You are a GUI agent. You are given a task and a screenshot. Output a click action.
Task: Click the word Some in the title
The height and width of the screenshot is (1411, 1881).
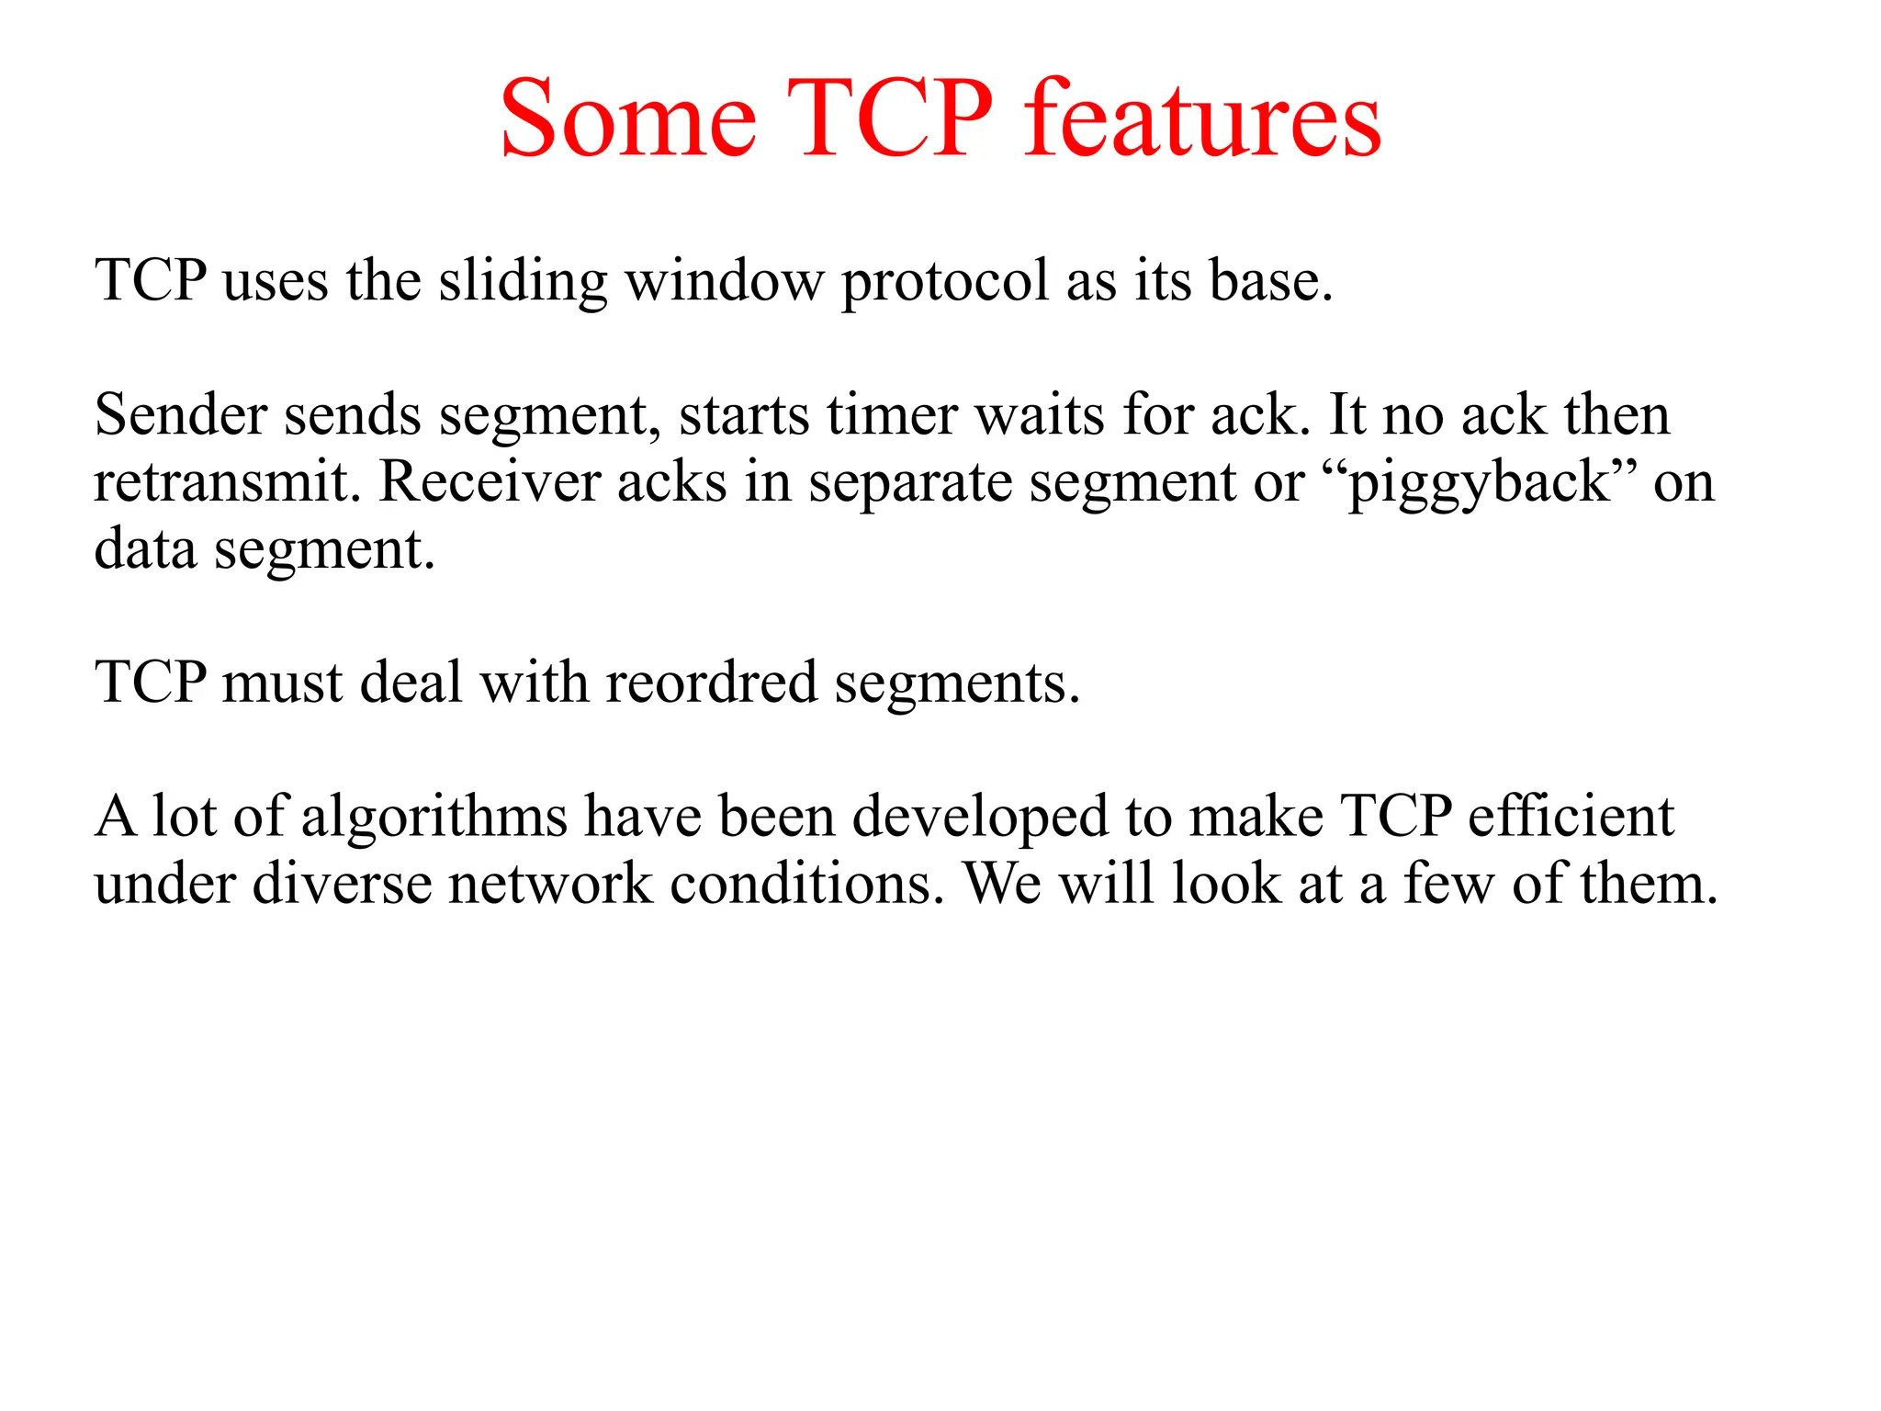628,119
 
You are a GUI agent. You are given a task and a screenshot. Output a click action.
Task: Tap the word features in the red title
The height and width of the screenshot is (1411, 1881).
1202,119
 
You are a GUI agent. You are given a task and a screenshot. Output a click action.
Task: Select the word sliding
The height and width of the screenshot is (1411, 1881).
523,281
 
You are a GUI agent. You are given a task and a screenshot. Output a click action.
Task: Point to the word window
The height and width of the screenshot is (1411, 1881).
725,281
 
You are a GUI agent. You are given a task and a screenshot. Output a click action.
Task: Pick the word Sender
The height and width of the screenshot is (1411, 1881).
180,415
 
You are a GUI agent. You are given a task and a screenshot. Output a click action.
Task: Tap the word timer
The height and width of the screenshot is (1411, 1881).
891,415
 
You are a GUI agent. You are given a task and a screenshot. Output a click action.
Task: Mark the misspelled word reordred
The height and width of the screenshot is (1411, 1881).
711,683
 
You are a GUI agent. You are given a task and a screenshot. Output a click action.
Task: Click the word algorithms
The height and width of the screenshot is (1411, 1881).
434,817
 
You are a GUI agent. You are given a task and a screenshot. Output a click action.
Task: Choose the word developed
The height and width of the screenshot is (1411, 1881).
980,817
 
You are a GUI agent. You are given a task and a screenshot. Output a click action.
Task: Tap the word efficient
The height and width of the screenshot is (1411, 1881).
1571,817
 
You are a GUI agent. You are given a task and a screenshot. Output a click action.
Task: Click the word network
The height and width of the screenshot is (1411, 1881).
550,884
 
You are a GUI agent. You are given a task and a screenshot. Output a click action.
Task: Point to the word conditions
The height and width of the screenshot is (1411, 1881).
806,884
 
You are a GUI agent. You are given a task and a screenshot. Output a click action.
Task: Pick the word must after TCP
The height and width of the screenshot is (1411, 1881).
282,683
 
